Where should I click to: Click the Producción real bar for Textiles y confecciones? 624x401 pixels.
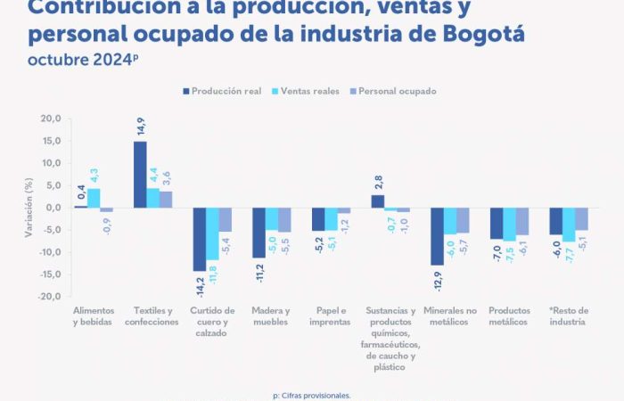coord(140,175)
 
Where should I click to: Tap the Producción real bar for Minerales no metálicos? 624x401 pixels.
coord(437,236)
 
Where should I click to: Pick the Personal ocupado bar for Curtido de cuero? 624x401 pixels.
coord(226,220)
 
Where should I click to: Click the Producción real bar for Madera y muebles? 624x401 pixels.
coord(259,233)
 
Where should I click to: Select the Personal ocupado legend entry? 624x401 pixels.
coord(398,91)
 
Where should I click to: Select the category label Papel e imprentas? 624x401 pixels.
coord(331,316)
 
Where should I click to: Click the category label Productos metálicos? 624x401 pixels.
coord(509,316)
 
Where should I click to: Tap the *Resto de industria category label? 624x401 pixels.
coord(568,316)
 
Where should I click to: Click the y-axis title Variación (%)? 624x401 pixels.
coord(29,208)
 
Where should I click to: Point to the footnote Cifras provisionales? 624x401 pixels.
coord(312,395)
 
